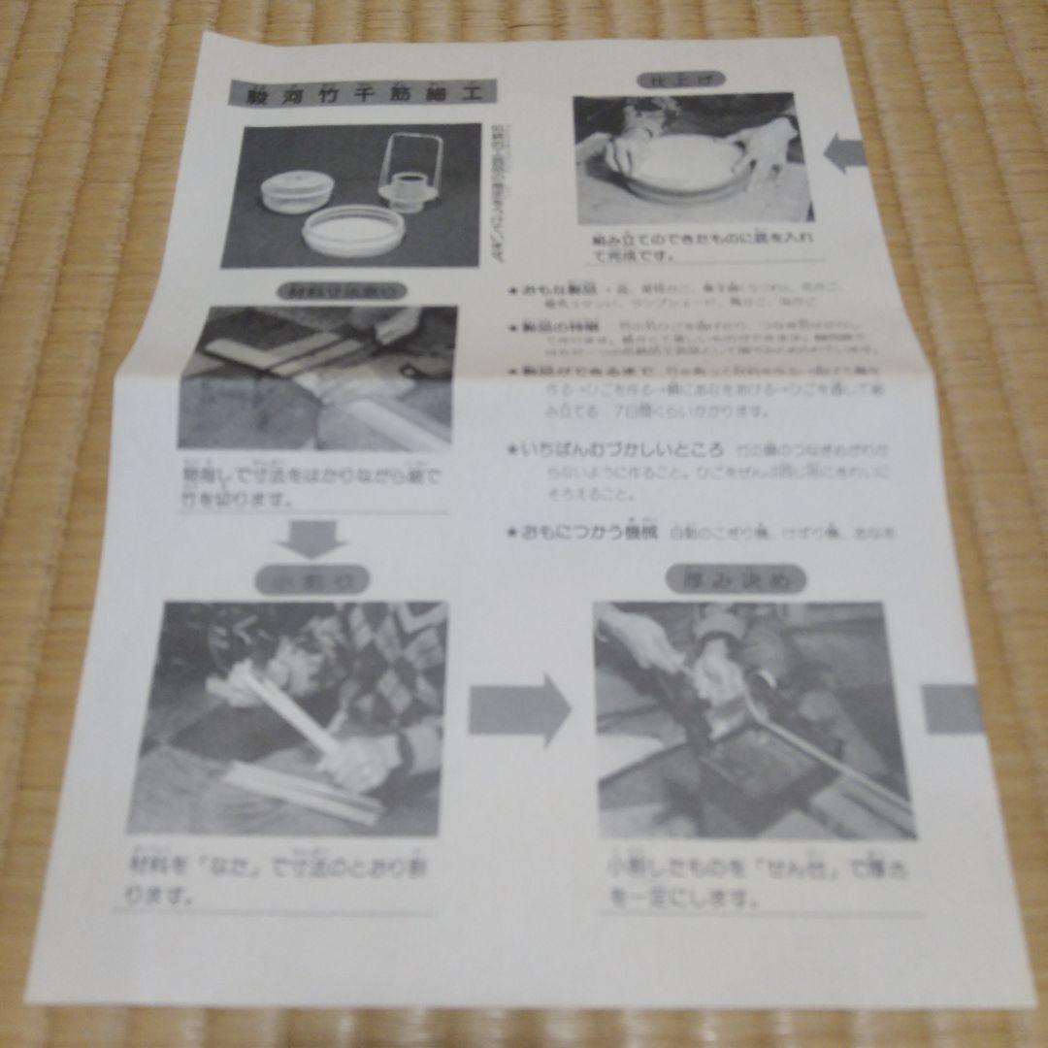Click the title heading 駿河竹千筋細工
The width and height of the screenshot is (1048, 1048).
pyautogui.click(x=361, y=94)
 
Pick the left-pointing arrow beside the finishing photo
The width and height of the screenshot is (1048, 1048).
pyautogui.click(x=843, y=151)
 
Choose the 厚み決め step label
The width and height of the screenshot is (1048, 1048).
pyautogui.click(x=735, y=579)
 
